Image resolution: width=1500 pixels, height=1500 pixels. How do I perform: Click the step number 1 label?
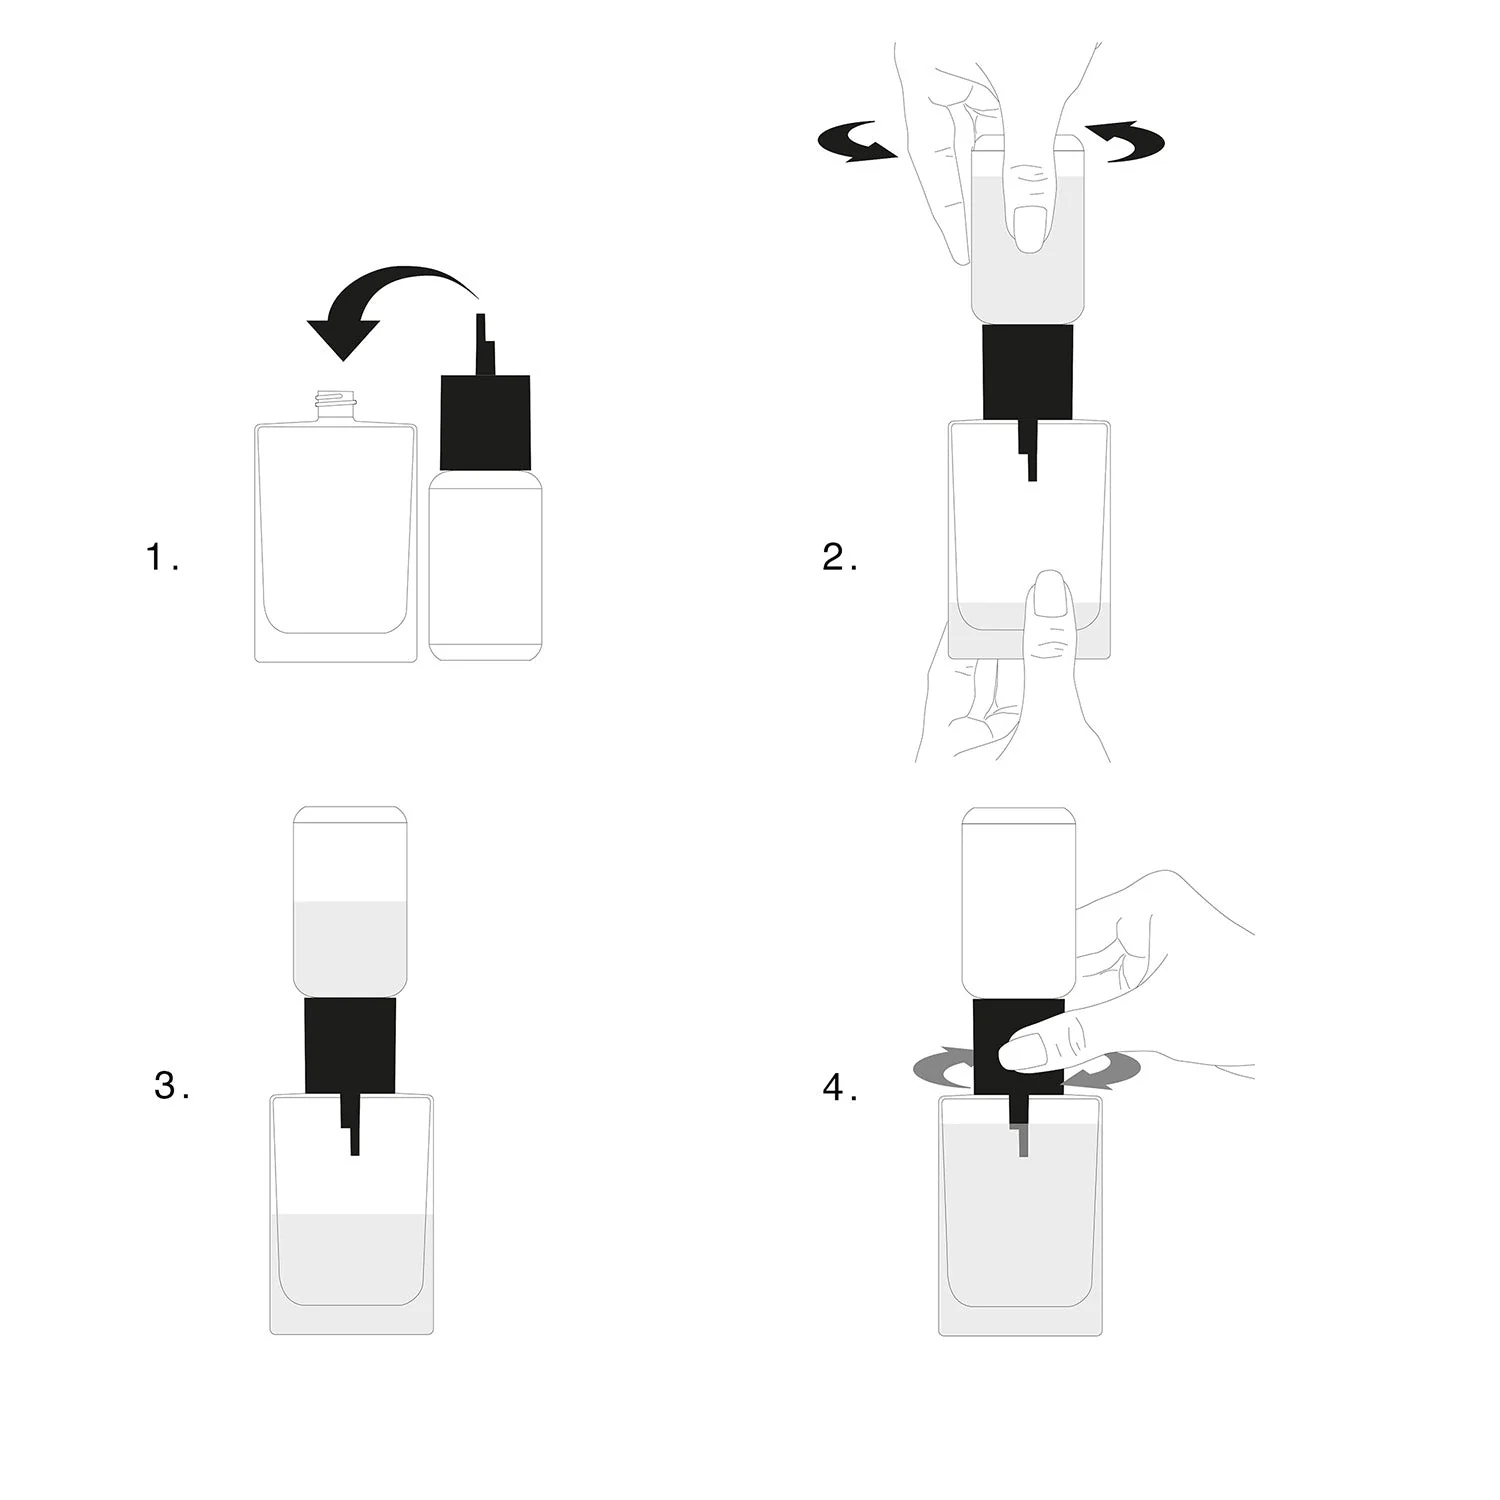[x=162, y=557]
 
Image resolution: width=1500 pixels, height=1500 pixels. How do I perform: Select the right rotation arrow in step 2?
[x=1125, y=142]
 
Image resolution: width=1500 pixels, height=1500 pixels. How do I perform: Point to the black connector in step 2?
[x=1028, y=372]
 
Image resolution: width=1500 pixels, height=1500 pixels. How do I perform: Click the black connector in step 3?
[x=350, y=1045]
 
